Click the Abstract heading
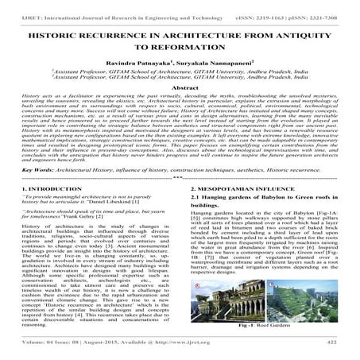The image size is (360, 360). tap(180, 88)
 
